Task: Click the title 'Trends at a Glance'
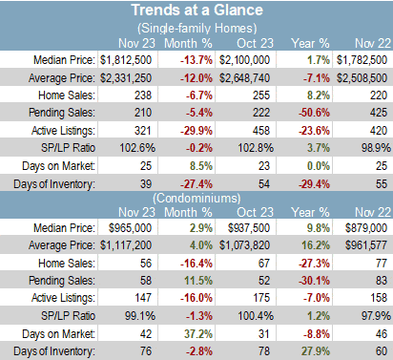(x=197, y=10)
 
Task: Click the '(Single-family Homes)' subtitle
(x=197, y=29)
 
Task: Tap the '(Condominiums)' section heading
(x=196, y=199)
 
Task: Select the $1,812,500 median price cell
(x=126, y=60)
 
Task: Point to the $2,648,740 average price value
(x=244, y=78)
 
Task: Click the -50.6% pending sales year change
(x=314, y=113)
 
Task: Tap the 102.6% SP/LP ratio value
(x=137, y=148)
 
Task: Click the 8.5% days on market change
(x=201, y=166)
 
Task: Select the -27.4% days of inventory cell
(x=196, y=184)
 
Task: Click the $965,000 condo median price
(x=130, y=228)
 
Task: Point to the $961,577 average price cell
(x=366, y=245)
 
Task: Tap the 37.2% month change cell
(x=198, y=333)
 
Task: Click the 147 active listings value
(x=143, y=298)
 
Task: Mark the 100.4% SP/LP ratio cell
(x=256, y=316)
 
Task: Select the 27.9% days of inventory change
(x=316, y=351)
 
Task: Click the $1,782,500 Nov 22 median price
(x=362, y=60)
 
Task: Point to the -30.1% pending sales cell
(x=314, y=281)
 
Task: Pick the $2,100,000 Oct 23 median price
(x=244, y=60)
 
